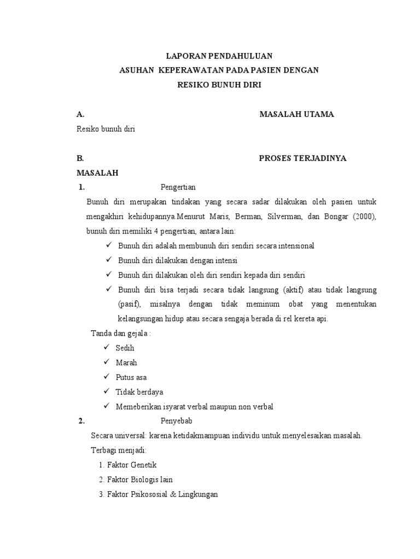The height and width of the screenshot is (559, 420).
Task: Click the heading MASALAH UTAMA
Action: coord(296,114)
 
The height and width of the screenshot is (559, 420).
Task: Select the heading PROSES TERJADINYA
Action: coord(302,158)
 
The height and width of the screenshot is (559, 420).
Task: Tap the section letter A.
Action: coord(80,114)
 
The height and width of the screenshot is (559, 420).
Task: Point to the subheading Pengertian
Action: coord(178,187)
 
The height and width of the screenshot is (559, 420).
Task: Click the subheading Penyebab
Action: coord(176,421)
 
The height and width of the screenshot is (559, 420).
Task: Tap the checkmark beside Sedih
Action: coord(106,348)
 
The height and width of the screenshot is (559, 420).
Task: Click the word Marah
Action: coord(126,362)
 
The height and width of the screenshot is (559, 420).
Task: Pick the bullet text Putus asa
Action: coord(131,377)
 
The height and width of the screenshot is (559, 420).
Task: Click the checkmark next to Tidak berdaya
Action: coord(106,391)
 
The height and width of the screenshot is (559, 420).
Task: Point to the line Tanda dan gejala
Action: coord(120,334)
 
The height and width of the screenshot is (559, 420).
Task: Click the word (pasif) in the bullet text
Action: coord(129,304)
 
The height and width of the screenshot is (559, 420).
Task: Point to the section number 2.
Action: coord(81,421)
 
